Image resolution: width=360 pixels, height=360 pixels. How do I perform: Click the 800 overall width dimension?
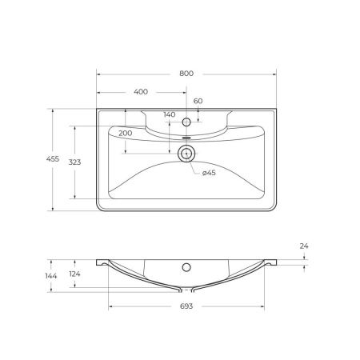point(186,73)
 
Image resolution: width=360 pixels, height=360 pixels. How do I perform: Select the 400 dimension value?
point(141,92)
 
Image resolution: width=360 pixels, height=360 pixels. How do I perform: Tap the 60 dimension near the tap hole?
point(198,101)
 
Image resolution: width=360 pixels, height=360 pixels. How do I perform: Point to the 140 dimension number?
point(169,115)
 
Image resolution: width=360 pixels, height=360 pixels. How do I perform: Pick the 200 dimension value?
point(125,133)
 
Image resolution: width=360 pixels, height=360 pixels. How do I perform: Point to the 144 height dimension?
point(52,276)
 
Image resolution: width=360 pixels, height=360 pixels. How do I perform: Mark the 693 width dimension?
point(186,306)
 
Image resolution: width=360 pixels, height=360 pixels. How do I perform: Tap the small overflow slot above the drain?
point(186,138)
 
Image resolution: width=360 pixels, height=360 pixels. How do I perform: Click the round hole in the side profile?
point(186,266)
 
